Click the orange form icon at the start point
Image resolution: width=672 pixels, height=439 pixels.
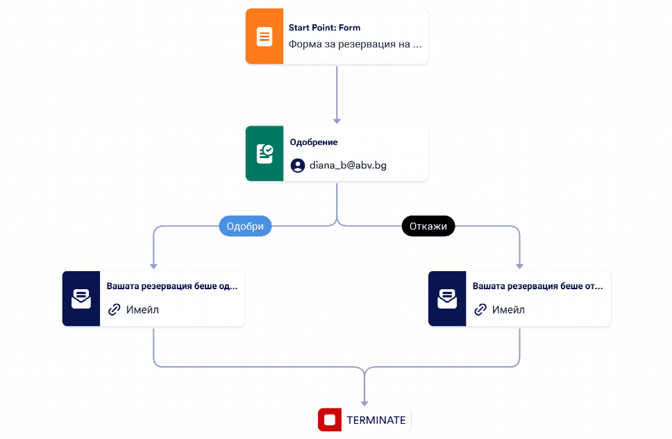coord(264,36)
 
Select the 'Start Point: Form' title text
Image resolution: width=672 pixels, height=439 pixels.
coord(324,28)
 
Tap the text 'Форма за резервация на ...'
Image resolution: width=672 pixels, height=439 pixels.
coord(355,44)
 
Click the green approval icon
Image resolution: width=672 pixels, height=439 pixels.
coord(264,153)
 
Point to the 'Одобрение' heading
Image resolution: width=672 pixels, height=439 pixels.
coord(314,142)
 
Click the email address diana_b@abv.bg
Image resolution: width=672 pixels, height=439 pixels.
coord(348,165)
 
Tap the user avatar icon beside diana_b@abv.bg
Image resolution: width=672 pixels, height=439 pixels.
coord(298,165)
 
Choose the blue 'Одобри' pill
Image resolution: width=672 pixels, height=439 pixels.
coord(245,226)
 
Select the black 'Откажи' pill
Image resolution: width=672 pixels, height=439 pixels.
coord(428,226)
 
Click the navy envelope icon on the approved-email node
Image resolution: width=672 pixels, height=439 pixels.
coord(81,299)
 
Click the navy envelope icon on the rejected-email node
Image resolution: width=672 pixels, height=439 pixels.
coord(447,299)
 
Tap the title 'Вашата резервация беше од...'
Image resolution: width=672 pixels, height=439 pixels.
coord(172,286)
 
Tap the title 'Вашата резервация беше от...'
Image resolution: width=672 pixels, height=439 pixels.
coord(538,286)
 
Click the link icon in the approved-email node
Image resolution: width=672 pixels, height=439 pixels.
coord(115,309)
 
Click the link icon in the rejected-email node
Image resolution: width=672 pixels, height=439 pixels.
coord(480,309)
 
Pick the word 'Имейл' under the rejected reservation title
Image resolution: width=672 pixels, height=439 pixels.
coord(508,309)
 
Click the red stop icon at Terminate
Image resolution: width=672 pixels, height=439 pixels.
coord(330,420)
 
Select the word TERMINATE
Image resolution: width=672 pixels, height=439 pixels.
coord(376,420)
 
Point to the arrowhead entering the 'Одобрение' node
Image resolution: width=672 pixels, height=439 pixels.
coord(337,121)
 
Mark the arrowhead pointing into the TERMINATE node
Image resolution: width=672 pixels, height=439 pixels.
coord(364,404)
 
